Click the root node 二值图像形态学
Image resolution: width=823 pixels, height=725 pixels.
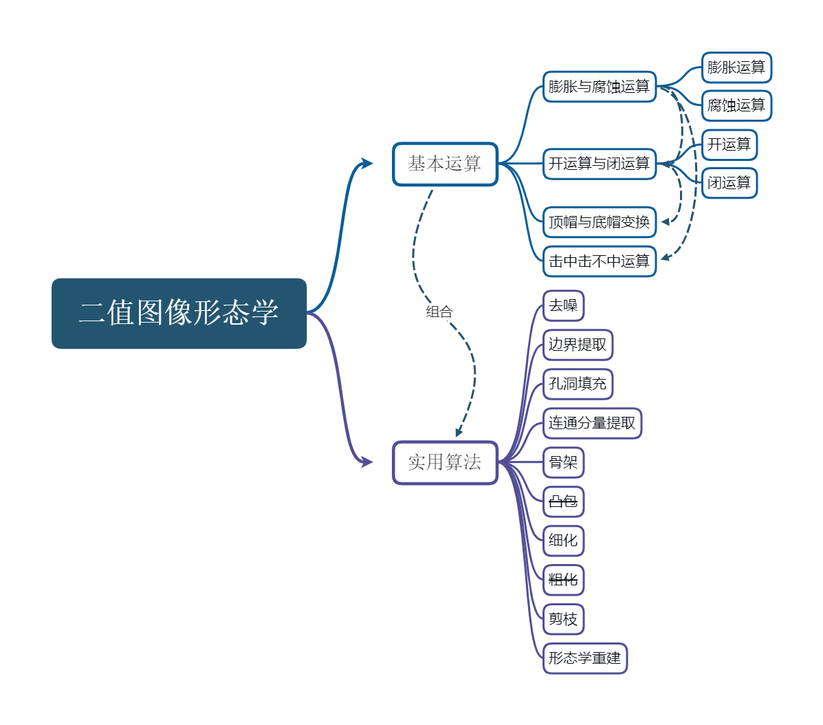[179, 313]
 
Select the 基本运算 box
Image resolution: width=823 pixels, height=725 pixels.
[445, 164]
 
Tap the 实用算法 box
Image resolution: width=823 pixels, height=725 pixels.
[445, 462]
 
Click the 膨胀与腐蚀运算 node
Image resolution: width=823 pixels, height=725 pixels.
[600, 87]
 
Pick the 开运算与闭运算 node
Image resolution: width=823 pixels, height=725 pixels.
[600, 164]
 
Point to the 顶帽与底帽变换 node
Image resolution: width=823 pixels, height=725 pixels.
[600, 222]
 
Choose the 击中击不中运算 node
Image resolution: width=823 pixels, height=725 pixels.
[600, 261]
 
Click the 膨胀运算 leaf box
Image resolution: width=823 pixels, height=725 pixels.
[736, 67]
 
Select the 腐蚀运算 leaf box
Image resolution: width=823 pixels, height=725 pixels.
[736, 106]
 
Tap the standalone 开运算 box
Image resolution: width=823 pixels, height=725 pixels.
[729, 144]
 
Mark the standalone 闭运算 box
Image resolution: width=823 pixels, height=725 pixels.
[729, 183]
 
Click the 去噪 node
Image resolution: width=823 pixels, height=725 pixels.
[563, 305]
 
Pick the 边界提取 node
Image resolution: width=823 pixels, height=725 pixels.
[578, 345]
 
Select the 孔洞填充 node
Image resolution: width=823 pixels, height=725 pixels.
[578, 384]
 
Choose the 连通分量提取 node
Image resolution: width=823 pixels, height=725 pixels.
[592, 423]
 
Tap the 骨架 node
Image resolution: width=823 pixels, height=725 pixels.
[563, 462]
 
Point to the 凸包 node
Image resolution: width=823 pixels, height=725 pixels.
[563, 501]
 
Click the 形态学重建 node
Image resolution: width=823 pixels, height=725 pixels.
[585, 659]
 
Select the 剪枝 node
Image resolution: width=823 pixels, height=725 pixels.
[563, 619]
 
